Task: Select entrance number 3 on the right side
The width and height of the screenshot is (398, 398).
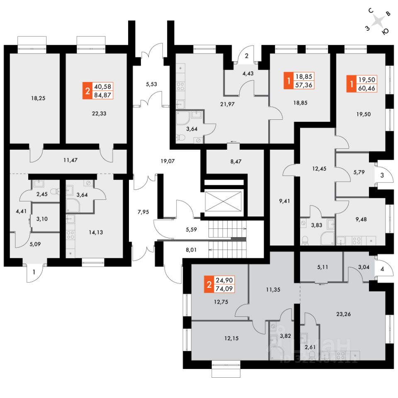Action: coord(381,175)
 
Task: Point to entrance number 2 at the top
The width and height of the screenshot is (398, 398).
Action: coord(246,56)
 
